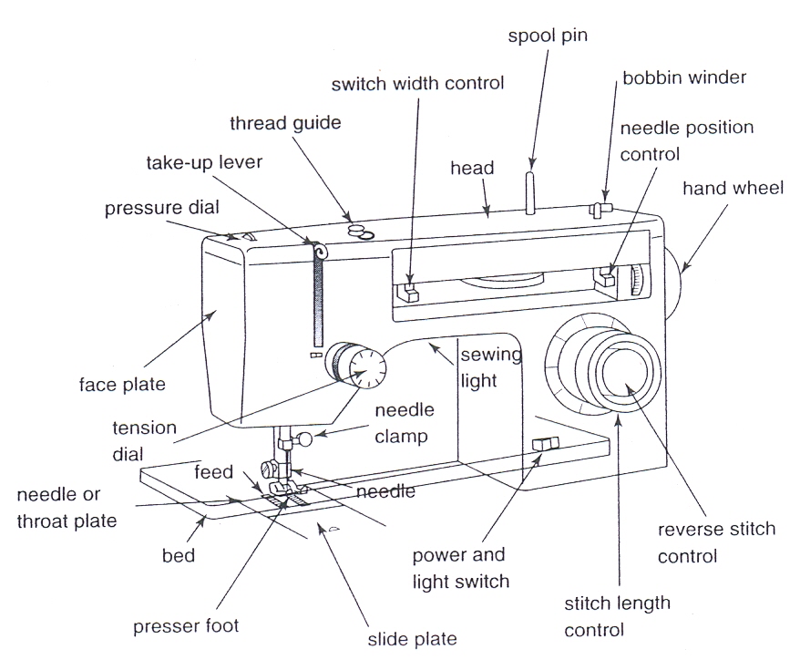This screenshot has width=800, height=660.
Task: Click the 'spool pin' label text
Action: (549, 36)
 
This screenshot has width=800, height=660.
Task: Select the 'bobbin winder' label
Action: (684, 78)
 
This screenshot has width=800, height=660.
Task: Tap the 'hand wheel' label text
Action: (733, 189)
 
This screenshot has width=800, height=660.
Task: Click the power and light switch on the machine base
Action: (543, 444)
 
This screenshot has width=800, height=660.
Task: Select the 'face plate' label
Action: (122, 384)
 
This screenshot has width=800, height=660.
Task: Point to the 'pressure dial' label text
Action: (161, 208)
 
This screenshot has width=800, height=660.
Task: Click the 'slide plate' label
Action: (411, 638)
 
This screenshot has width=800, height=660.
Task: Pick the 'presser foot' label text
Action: (186, 625)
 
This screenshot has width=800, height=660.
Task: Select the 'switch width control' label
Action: (417, 84)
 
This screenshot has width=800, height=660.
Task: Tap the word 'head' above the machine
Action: (472, 168)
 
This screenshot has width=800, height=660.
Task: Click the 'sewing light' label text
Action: (479, 366)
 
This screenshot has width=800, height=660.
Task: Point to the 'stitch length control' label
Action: (618, 616)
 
